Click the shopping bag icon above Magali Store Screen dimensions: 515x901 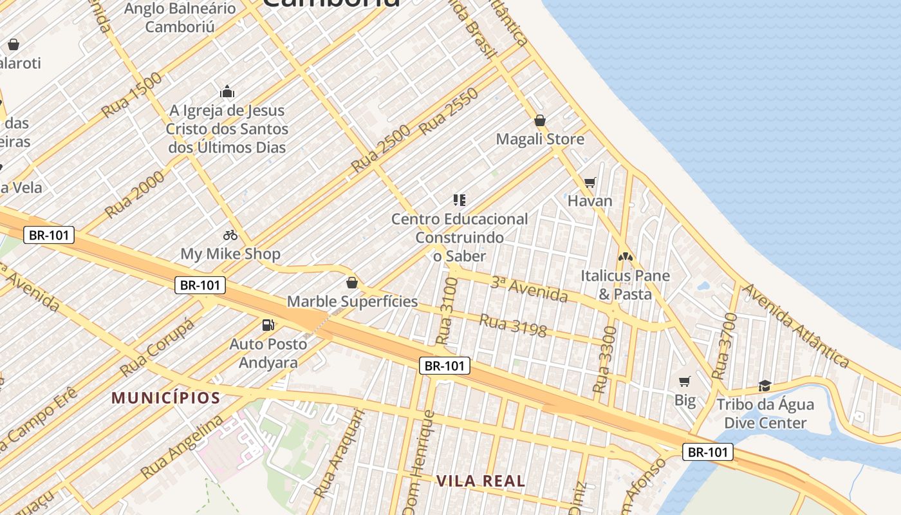[x=540, y=120]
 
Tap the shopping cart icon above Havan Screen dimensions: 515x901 [x=590, y=182]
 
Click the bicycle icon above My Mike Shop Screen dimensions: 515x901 [x=230, y=235]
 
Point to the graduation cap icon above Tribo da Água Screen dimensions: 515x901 [x=765, y=386]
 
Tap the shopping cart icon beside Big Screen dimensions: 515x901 [x=685, y=382]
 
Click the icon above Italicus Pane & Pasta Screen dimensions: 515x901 [x=625, y=256]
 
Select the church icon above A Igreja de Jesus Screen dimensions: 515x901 [x=227, y=91]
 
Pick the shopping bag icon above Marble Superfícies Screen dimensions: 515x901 [x=352, y=283]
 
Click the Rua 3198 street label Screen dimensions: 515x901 [x=513, y=325]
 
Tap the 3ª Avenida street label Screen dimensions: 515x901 [x=529, y=289]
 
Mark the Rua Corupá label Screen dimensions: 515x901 [x=156, y=348]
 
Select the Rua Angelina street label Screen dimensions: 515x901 [x=182, y=446]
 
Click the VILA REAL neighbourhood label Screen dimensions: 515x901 [x=481, y=480]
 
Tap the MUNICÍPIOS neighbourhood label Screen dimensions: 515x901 [x=166, y=398]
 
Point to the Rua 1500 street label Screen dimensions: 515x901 [x=132, y=95]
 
